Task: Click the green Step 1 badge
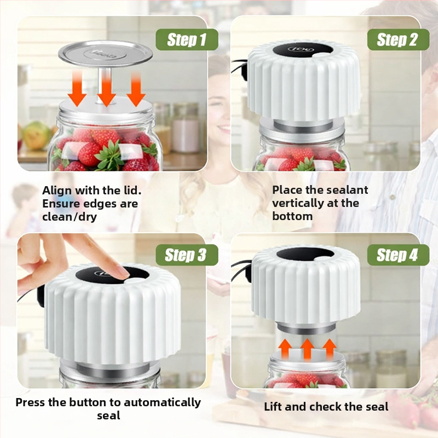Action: tap(187, 39)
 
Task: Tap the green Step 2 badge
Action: tap(398, 39)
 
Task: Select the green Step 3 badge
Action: tap(187, 255)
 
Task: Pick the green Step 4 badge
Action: tap(398, 255)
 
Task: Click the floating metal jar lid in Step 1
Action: tap(105, 54)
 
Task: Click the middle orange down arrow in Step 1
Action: tap(106, 89)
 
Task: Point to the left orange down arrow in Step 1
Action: tap(77, 89)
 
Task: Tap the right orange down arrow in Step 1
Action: tap(136, 89)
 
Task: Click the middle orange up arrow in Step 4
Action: tap(307, 349)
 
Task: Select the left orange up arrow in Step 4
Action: tap(285, 349)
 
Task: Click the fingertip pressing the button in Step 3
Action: tap(122, 272)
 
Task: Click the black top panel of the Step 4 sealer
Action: tap(305, 253)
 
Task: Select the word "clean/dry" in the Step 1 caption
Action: tap(70, 217)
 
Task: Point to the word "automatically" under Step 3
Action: tap(162, 402)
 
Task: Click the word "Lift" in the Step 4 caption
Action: tap(273, 407)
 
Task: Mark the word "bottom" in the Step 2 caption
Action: tap(292, 216)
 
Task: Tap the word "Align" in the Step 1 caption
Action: tap(57, 191)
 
